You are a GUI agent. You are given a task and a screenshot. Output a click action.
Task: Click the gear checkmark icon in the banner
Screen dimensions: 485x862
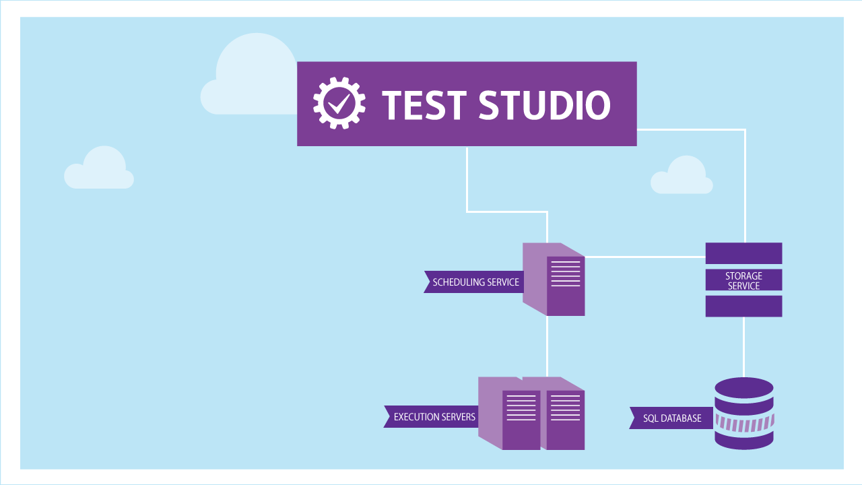(x=339, y=103)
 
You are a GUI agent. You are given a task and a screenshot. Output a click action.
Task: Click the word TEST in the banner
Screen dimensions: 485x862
(x=424, y=104)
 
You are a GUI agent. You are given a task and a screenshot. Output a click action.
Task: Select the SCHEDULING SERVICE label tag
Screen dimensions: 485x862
(x=474, y=282)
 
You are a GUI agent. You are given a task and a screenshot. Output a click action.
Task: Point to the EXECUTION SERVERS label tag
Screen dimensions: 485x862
(x=432, y=417)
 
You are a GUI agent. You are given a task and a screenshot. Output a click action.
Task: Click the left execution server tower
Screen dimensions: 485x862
(x=509, y=413)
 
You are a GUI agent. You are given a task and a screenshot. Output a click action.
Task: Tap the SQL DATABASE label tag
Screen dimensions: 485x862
(x=670, y=418)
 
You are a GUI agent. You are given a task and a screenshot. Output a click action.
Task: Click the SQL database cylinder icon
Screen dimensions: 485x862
(x=743, y=414)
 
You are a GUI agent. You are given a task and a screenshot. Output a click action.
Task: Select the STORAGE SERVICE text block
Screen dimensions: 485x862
(x=743, y=280)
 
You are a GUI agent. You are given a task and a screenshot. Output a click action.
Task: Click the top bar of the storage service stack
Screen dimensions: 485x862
(x=743, y=253)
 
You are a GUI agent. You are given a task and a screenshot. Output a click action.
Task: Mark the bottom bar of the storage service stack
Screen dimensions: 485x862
(x=743, y=306)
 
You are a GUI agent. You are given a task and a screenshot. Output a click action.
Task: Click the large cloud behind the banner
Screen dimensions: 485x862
(x=253, y=77)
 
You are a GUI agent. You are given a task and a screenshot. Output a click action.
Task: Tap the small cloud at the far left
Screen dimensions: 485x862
(x=99, y=170)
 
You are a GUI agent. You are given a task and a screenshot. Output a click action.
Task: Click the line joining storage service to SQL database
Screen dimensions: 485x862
(x=743, y=347)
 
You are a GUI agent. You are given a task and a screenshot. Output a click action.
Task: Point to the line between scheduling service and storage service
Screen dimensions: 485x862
(x=644, y=257)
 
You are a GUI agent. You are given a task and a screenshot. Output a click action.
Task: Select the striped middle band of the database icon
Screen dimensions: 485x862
(x=743, y=424)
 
